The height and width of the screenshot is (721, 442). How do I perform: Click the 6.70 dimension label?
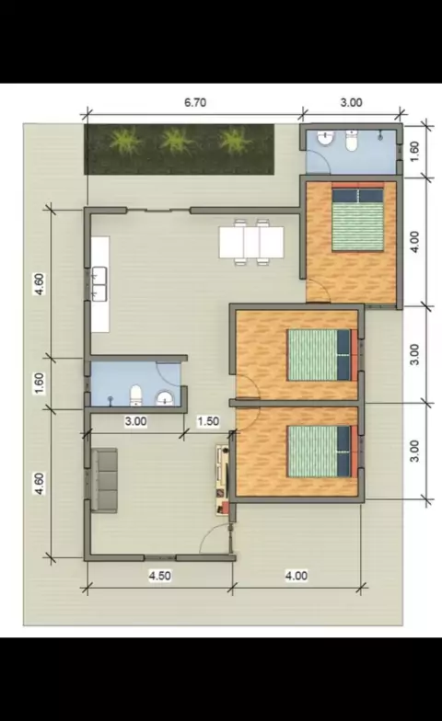click(x=195, y=102)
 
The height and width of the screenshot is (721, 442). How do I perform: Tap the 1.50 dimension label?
click(x=208, y=421)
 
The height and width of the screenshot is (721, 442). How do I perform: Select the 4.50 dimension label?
click(x=160, y=576)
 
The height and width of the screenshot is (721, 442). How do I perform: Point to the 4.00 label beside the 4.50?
click(x=297, y=576)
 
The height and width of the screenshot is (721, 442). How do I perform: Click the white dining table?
click(x=251, y=243)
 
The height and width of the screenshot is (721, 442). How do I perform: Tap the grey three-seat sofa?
click(x=104, y=480)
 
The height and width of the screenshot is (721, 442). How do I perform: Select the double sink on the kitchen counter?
click(x=99, y=284)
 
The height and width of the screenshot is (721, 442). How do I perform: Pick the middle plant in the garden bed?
click(x=177, y=141)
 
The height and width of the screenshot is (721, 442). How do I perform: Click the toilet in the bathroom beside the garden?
click(x=352, y=142)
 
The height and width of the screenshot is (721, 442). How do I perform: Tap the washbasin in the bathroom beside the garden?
click(x=326, y=138)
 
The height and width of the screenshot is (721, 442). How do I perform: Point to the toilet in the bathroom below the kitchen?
click(x=135, y=395)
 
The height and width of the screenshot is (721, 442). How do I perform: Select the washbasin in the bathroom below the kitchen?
click(x=164, y=398)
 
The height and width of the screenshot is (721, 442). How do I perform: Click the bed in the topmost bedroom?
click(x=357, y=216)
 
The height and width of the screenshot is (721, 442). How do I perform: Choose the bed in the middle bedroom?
click(x=322, y=355)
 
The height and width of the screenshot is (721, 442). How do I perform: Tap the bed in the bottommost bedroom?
click(x=322, y=451)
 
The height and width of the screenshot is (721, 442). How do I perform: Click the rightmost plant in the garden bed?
click(x=236, y=140)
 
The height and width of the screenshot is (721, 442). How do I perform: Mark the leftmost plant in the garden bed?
click(x=125, y=141)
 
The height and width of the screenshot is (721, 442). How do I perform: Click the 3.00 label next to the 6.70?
click(x=352, y=102)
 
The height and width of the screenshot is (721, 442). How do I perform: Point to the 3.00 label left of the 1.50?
click(x=136, y=421)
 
